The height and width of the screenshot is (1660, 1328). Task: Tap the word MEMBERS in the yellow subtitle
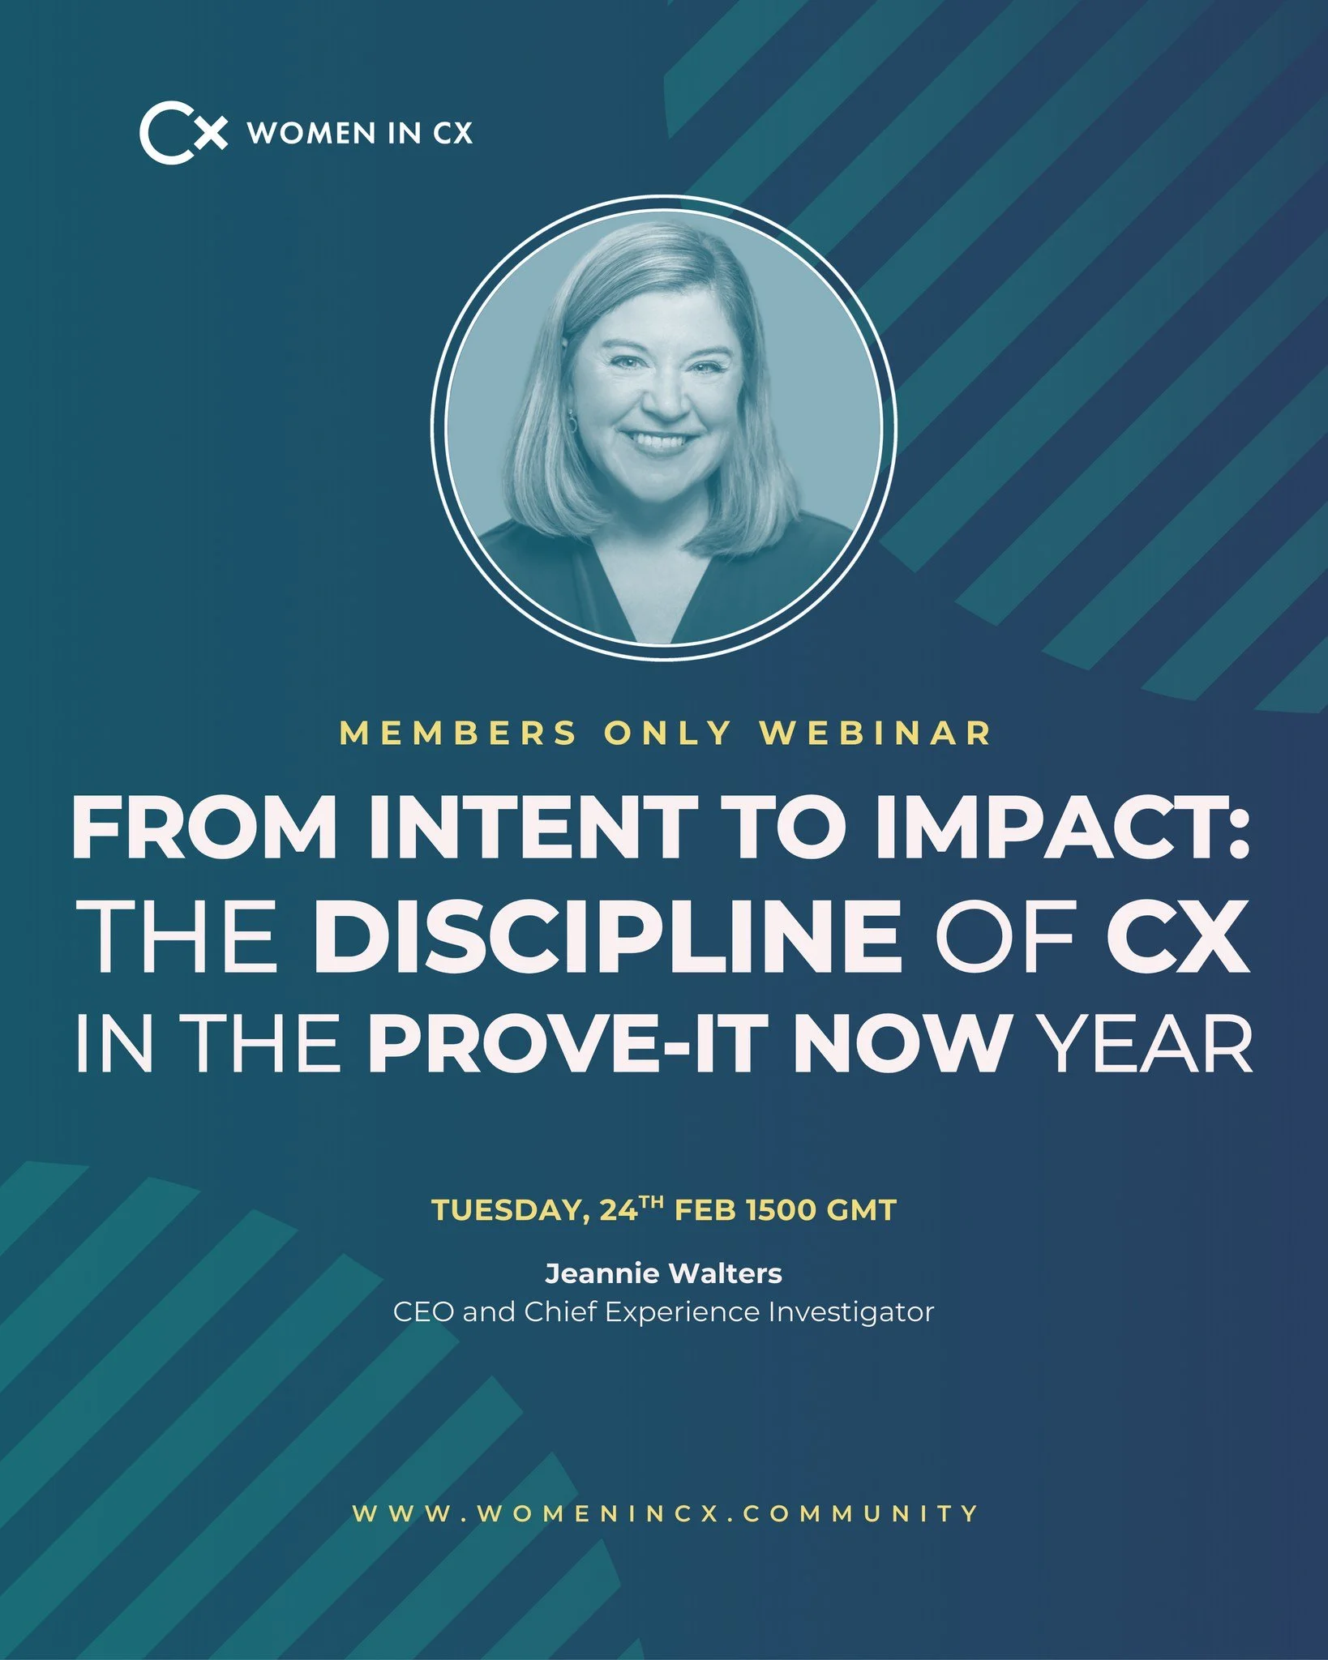coord(458,733)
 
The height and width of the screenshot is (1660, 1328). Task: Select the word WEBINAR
coord(876,733)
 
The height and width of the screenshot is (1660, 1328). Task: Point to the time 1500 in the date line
coord(781,1211)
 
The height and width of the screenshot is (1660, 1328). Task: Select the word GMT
coord(861,1211)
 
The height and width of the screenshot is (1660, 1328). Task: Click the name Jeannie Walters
coord(663,1273)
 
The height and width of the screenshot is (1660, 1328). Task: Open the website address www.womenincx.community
coord(665,1513)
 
